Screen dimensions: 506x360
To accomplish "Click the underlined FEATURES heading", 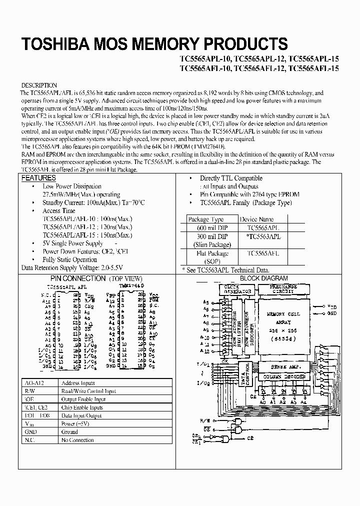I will coord(39,178).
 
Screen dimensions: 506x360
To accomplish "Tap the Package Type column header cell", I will coord(205,219).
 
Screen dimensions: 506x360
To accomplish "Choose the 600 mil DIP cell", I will coord(205,227).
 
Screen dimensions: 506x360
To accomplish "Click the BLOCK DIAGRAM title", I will coord(264,278).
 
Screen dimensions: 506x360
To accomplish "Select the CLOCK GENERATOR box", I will coord(237,289).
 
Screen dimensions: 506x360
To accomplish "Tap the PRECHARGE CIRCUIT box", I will coord(283,288).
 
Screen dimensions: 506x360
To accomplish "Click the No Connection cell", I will coord(77,440).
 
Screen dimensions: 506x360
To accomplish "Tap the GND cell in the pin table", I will coord(29,431).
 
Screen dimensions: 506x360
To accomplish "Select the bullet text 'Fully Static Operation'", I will coord(69,259).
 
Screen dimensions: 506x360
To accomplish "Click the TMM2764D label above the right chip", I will coord(131,285).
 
